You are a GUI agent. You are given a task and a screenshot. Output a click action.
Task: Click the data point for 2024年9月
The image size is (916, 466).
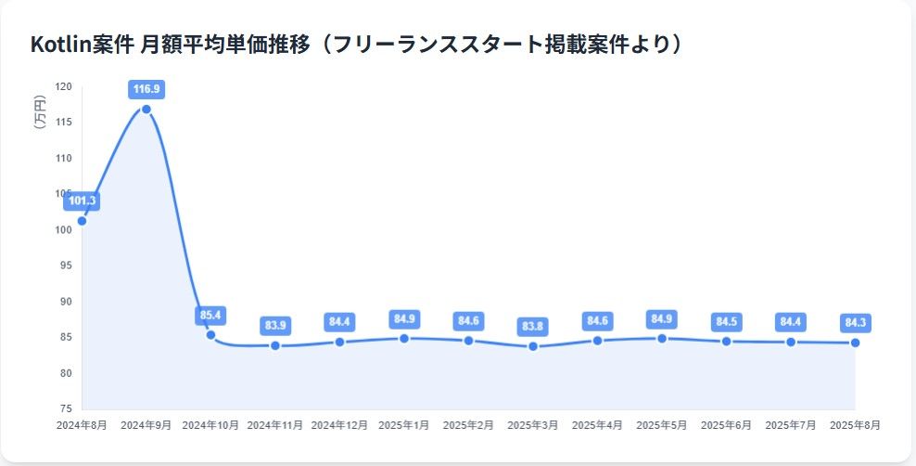tap(146, 110)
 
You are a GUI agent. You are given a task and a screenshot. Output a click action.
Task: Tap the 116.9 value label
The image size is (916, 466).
tap(146, 89)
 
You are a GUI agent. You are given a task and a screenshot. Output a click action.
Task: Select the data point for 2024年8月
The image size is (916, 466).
tap(83, 221)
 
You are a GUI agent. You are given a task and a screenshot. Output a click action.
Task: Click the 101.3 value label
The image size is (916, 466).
tap(83, 201)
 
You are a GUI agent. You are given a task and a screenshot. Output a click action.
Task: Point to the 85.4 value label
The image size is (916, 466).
tap(211, 315)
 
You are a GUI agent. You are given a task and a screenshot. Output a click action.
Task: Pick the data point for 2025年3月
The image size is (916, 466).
tap(533, 346)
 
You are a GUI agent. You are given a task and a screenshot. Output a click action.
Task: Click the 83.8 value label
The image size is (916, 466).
tap(533, 326)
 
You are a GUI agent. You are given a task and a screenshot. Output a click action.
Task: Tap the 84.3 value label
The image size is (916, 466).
tap(855, 322)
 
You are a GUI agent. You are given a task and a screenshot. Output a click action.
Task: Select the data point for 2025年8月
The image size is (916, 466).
tap(855, 343)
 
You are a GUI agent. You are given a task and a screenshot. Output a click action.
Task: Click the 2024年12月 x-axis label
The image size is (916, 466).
tap(339, 425)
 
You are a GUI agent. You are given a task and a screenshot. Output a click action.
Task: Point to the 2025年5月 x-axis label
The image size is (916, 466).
tap(662, 425)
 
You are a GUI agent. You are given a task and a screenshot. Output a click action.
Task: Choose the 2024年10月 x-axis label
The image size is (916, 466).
tap(210, 425)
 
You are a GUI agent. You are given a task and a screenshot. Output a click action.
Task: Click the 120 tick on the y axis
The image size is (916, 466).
tap(63, 86)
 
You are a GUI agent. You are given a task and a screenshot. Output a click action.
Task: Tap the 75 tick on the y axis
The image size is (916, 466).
tap(66, 408)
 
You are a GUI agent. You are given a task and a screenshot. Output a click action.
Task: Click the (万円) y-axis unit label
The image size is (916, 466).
tap(39, 112)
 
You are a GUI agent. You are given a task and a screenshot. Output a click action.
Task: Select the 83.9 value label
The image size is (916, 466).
tap(275, 326)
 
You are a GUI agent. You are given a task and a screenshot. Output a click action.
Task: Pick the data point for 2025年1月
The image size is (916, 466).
tap(404, 338)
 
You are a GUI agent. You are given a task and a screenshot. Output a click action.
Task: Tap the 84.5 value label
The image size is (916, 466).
tap(726, 322)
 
